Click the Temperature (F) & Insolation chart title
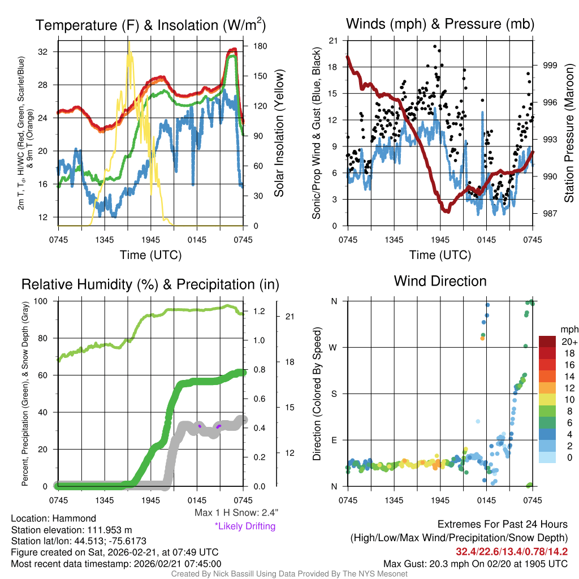pyautogui.click(x=150, y=25)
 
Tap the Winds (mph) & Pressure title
pyautogui.click(x=440, y=24)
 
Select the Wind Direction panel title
pyautogui.click(x=440, y=281)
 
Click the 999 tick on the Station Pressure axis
pyautogui.click(x=550, y=66)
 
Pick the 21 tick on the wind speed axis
pyautogui.click(x=333, y=41)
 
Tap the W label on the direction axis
pyautogui.click(x=334, y=347)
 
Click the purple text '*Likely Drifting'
pyautogui.click(x=245, y=526)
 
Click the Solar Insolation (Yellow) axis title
pyautogui.click(x=279, y=133)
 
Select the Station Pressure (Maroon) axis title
pyautogui.click(x=569, y=133)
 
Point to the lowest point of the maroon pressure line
pyautogui.click(x=447, y=211)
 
